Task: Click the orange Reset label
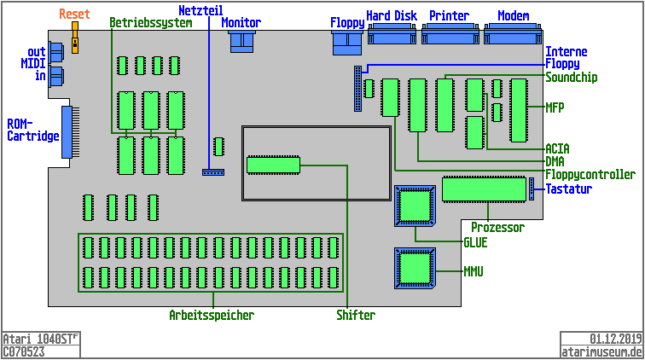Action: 74,15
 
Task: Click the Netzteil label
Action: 200,10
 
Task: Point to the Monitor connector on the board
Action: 242,42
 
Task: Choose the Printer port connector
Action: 450,34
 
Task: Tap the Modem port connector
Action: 513,34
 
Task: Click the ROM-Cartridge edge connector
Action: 67,131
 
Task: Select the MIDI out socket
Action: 55,51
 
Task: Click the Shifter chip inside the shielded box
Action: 273,165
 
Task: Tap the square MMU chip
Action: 415,270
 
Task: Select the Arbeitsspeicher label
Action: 212,316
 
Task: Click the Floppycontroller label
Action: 590,175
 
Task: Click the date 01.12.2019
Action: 615,339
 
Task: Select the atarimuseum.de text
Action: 601,351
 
